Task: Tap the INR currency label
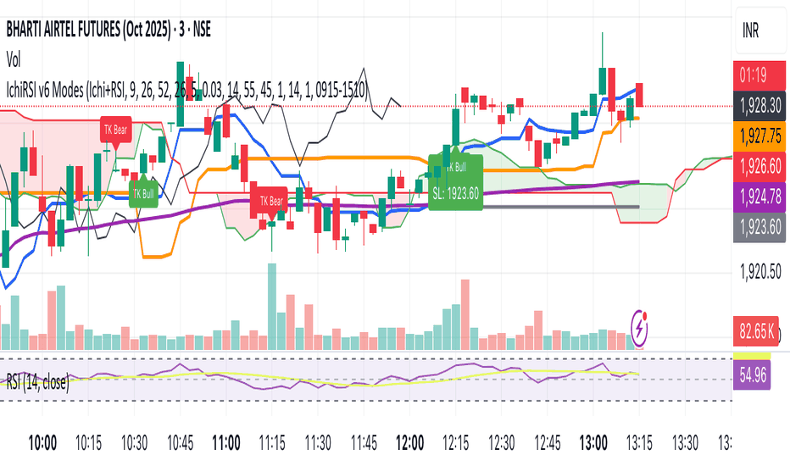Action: tap(752, 32)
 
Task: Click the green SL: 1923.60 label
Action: tap(455, 193)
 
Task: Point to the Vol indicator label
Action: tap(14, 59)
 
